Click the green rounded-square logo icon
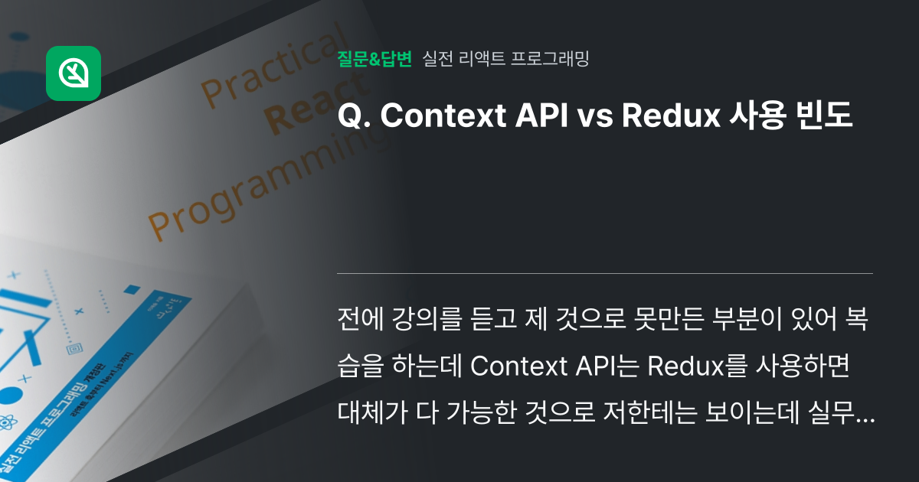74,73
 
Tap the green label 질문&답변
374,59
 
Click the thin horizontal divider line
605,273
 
